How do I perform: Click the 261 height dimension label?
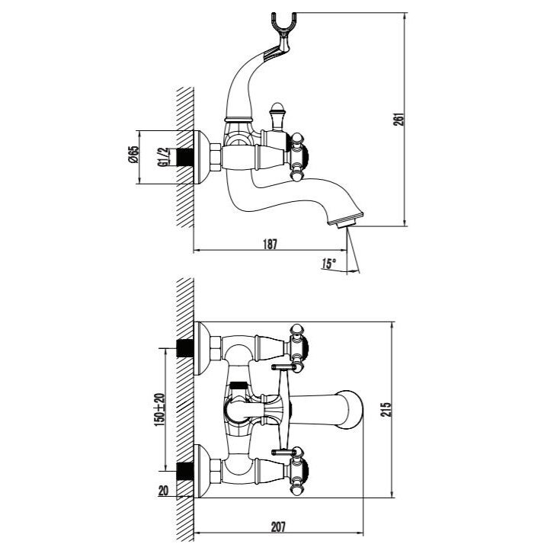(x=399, y=119)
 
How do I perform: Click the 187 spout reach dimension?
(x=270, y=245)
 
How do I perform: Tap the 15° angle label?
(x=328, y=264)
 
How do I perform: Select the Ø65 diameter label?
(x=133, y=154)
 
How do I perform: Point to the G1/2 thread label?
(x=162, y=157)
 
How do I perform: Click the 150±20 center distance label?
(x=159, y=409)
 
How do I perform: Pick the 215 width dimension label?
(x=387, y=409)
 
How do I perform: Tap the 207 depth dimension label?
(x=278, y=526)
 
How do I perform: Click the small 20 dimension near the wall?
(x=163, y=491)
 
